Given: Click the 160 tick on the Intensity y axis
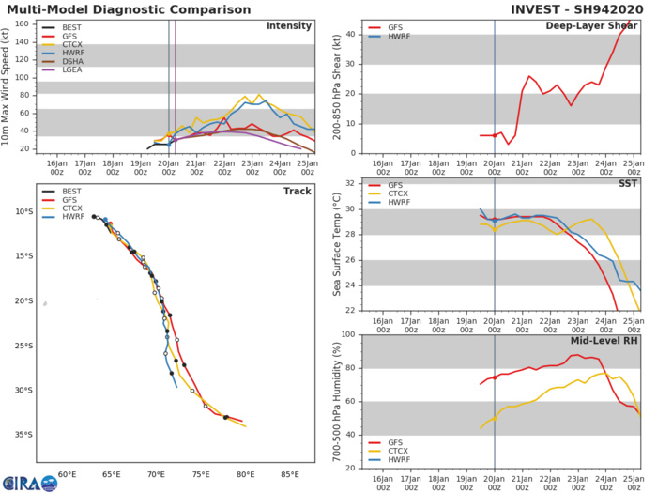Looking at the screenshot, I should point(26,23).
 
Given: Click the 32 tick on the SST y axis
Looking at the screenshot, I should point(348,183).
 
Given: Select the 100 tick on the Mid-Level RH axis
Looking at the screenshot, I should point(345,335).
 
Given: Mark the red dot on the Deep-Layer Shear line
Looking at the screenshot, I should point(495,135).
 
